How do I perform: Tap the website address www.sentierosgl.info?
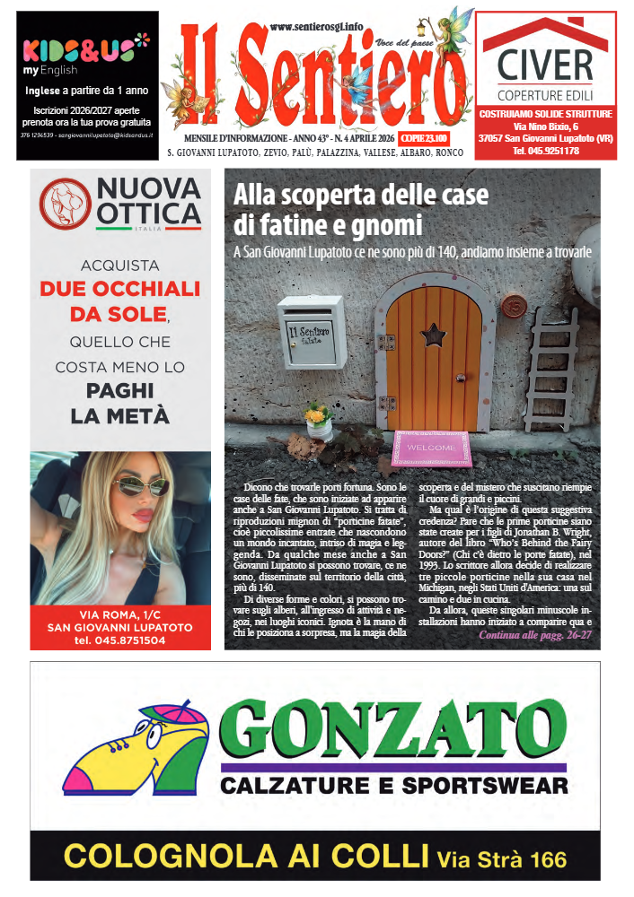317,28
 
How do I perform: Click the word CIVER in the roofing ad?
546,66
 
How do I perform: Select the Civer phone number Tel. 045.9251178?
546,152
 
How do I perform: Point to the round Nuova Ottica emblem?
65,204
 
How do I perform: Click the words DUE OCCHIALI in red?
120,290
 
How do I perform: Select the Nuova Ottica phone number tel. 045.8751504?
120,640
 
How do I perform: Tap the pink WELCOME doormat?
432,447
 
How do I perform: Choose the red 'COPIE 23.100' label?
424,139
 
